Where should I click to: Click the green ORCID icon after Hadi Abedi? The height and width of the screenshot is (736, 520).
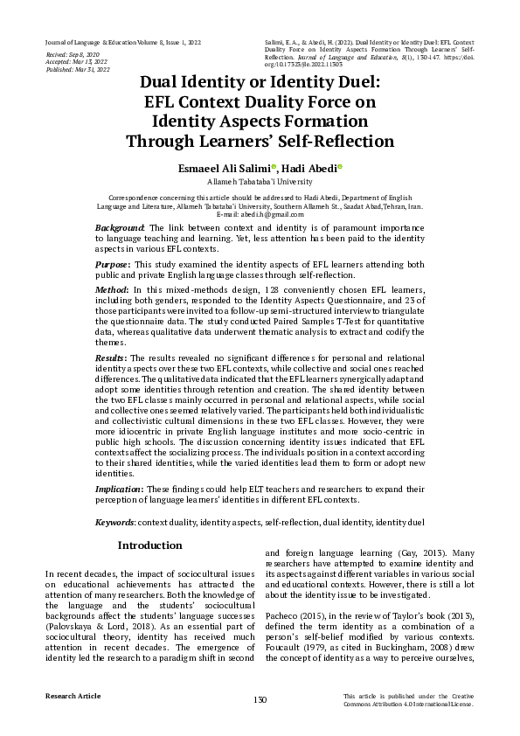click(x=340, y=167)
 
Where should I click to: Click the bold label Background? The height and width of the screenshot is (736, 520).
click(x=121, y=227)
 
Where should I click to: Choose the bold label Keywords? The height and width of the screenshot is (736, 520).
click(x=114, y=522)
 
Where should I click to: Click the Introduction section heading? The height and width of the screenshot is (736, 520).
click(x=150, y=545)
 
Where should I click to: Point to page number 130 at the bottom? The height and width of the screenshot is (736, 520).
click(x=260, y=699)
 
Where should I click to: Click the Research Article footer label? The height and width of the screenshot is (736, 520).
click(x=73, y=696)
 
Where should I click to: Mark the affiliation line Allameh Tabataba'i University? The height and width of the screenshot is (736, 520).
click(x=260, y=182)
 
